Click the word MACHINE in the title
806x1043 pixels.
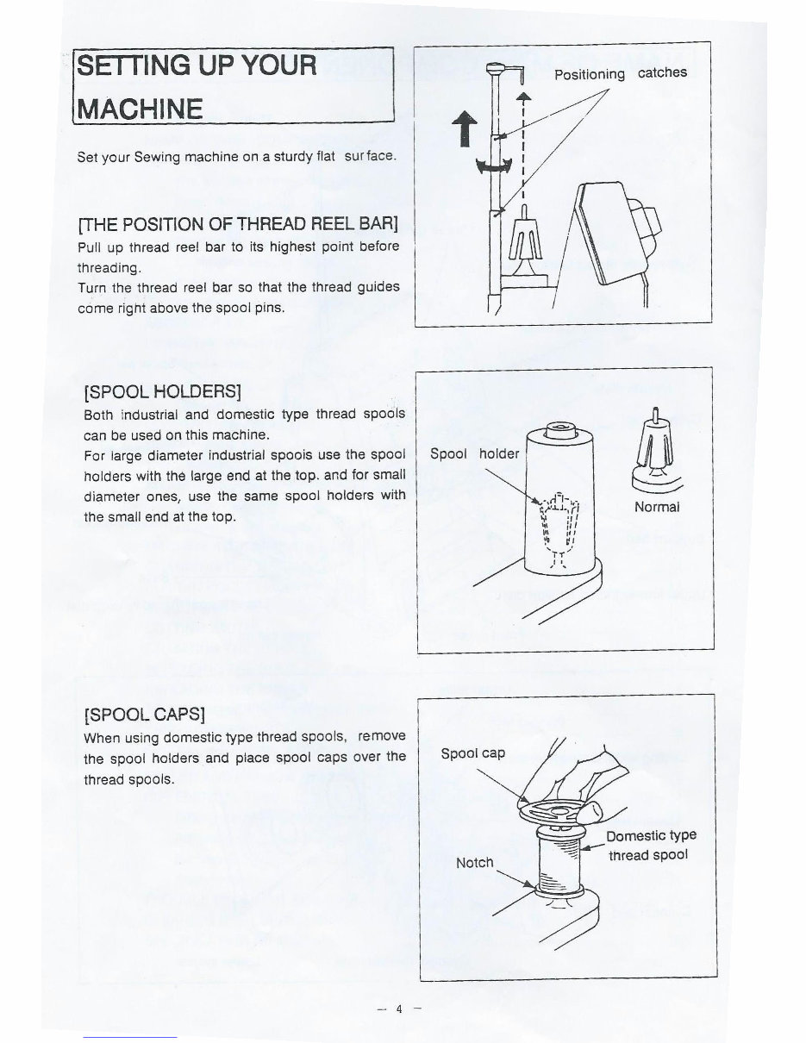(141, 109)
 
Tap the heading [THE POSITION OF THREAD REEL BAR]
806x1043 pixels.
(238, 225)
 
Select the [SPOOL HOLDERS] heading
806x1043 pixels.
(162, 392)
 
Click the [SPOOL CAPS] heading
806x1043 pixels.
(144, 715)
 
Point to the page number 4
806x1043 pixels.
(399, 1009)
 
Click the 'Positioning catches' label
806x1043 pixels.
(620, 73)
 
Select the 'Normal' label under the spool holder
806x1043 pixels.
(657, 507)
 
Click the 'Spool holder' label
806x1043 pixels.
(475, 454)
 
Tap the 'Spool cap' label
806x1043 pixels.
(472, 753)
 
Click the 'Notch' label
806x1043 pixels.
(474, 862)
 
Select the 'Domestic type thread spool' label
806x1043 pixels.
(651, 846)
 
